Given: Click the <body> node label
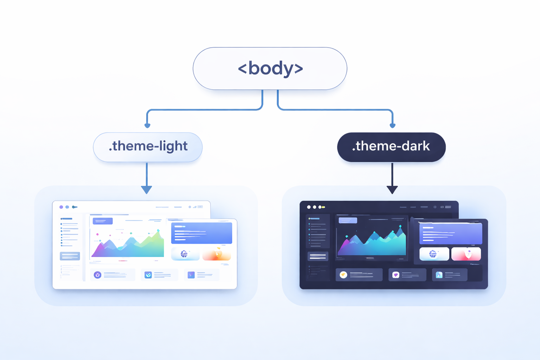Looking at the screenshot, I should coord(270,68).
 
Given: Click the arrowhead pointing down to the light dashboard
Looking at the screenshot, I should coord(147,190).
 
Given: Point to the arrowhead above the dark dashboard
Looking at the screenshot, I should coord(392,190).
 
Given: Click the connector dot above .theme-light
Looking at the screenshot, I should coord(147,126).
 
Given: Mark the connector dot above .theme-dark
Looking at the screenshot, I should coord(392,126).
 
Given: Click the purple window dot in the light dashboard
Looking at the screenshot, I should coord(61,207).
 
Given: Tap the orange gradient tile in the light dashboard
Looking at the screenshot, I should coord(217,254).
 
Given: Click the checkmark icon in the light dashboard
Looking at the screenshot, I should coord(148,275).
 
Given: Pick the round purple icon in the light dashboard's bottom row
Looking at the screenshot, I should coord(98,275).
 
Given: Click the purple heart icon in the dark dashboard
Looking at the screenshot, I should coord(396,275).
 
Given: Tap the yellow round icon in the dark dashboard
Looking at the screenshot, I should coord(343,275).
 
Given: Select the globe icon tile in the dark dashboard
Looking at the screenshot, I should coord(434,254).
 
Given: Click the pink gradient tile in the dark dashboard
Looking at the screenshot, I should coord(466,254).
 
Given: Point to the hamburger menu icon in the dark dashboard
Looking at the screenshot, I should coord(448,207).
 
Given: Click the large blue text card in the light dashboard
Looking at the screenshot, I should coord(201,233).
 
